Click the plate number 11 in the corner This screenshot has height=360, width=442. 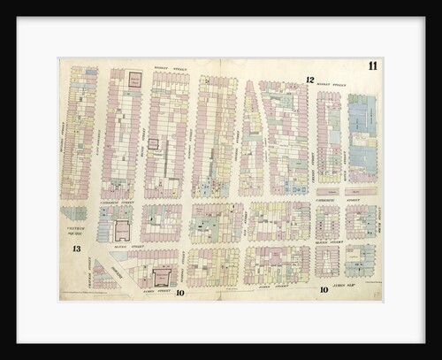(372, 66)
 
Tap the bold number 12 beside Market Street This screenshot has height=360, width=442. (309, 80)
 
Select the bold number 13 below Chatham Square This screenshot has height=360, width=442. (76, 249)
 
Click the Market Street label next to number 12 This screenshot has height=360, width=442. (331, 84)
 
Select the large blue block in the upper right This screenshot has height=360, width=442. (362, 133)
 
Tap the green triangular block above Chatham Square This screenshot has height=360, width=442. (74, 213)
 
